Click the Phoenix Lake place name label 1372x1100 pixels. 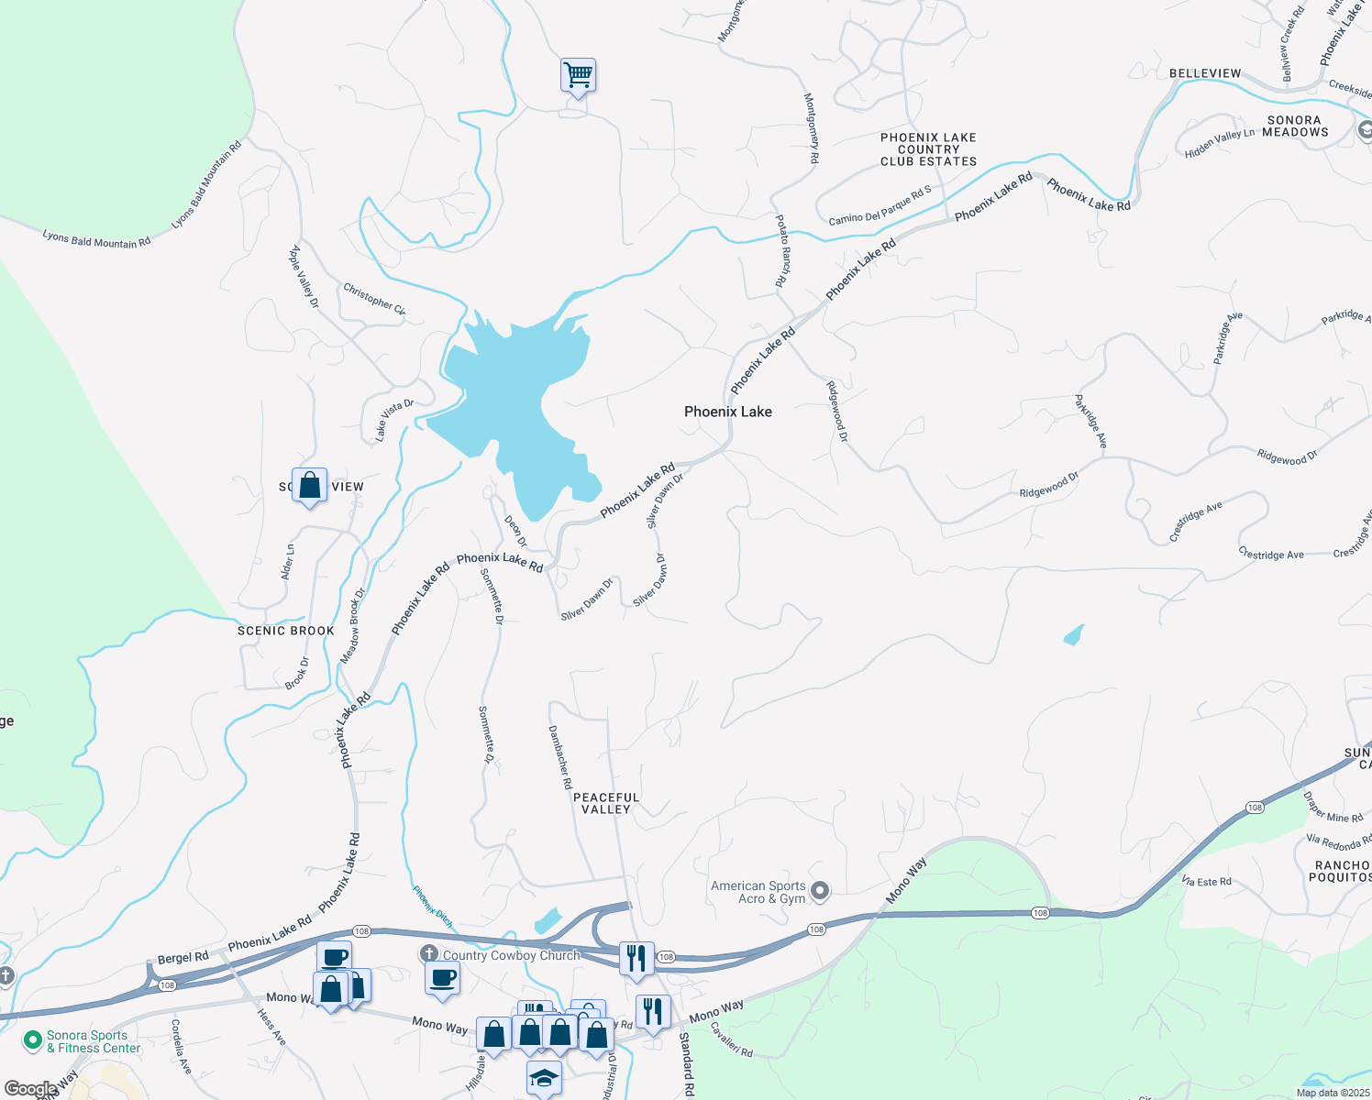728,412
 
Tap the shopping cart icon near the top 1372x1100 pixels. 578,75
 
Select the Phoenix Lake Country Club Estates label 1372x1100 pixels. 928,149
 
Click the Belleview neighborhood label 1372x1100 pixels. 1205,73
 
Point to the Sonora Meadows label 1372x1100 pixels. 1295,126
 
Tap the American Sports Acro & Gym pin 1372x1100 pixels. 821,890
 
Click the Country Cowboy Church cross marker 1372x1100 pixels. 428,954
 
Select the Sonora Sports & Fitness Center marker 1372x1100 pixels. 33,1040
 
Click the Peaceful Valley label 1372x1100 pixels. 606,803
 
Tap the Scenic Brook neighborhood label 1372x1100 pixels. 286,631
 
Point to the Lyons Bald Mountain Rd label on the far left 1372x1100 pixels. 96,240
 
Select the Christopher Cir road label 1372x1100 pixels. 374,299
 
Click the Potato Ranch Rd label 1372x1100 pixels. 782,251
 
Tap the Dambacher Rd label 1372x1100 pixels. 560,757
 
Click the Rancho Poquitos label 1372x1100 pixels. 1341,871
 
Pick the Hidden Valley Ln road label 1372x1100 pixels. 1219,144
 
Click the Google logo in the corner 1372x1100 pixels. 30,1089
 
